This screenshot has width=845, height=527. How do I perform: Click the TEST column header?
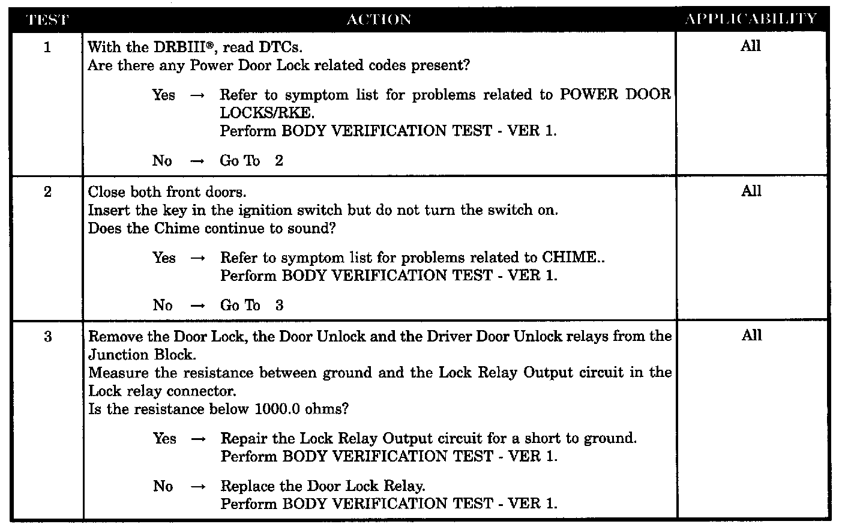click(48, 20)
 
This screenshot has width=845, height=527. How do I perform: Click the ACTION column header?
click(379, 20)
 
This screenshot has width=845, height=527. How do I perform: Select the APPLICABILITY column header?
click(751, 19)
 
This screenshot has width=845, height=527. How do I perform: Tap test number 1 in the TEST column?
click(48, 47)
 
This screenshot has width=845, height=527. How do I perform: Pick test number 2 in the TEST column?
click(48, 192)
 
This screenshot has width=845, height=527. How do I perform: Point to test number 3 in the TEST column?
click(48, 337)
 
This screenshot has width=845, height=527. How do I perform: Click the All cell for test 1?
click(751, 46)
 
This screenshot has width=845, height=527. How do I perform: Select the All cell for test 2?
click(751, 191)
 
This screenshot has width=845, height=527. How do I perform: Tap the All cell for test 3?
click(751, 336)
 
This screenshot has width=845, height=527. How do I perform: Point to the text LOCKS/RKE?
click(267, 113)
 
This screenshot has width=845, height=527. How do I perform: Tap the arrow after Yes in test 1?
click(197, 95)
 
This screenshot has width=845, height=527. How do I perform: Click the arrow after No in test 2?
click(197, 306)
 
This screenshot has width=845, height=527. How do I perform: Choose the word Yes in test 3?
click(164, 439)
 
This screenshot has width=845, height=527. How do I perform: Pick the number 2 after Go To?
click(279, 161)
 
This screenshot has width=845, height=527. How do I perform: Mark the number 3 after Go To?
click(280, 306)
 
